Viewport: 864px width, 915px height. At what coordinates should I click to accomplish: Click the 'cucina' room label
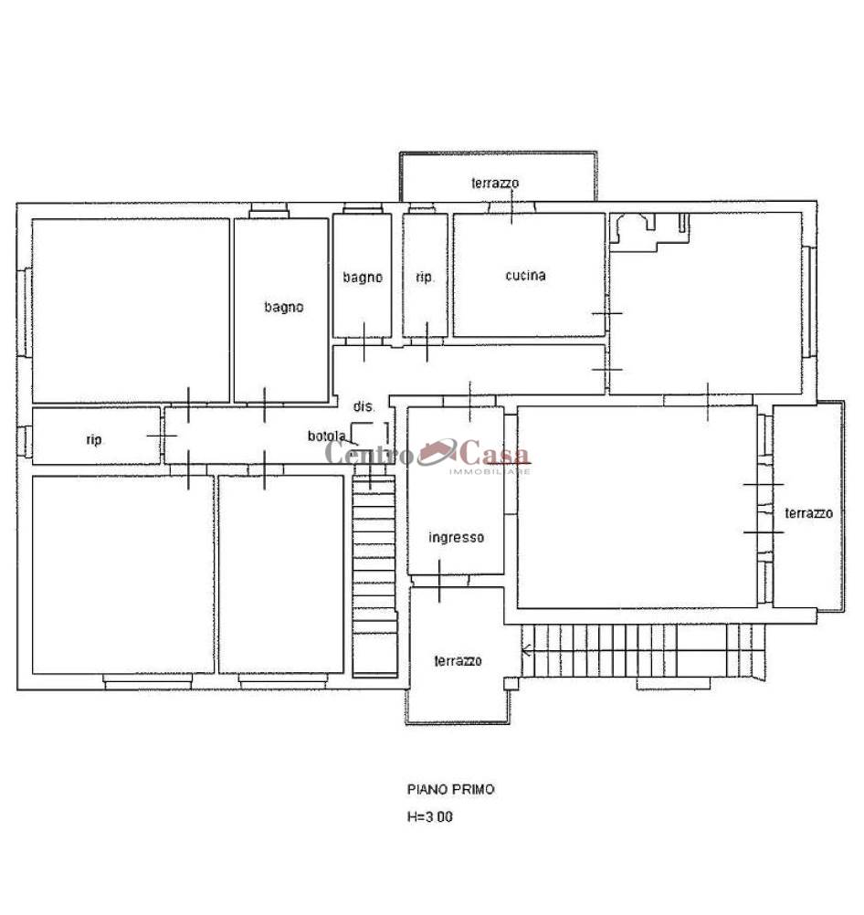pos(525,276)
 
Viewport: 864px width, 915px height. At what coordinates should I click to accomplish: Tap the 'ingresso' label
pos(456,538)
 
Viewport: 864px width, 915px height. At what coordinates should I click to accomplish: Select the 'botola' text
pos(327,436)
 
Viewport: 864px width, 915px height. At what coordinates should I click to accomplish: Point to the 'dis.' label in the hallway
pos(364,406)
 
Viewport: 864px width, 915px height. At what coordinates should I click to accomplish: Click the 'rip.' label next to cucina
pos(425,278)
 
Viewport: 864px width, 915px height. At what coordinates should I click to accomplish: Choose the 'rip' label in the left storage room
pos(93,440)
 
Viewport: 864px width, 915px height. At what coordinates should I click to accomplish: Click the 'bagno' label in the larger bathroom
pos(284,307)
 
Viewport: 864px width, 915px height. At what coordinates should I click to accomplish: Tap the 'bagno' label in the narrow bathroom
pos(363,278)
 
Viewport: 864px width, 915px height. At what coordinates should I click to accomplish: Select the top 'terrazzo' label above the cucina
pos(495,184)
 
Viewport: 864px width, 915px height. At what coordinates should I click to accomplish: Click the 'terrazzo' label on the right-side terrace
pos(808,513)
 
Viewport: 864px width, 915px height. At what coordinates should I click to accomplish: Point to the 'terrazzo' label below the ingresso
pos(458,660)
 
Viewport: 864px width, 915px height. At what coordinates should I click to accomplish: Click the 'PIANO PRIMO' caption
pos(450,790)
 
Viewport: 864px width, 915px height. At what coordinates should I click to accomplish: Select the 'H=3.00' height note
pos(429,817)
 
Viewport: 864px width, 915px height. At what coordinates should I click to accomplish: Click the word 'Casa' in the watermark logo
pos(495,454)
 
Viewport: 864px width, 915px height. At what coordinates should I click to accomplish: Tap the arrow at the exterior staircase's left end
pos(527,649)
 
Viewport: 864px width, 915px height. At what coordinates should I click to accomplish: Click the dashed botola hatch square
pos(370,434)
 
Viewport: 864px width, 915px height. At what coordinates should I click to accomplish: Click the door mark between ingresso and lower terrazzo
pos(439,581)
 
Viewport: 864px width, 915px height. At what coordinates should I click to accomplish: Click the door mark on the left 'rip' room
pos(162,436)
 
